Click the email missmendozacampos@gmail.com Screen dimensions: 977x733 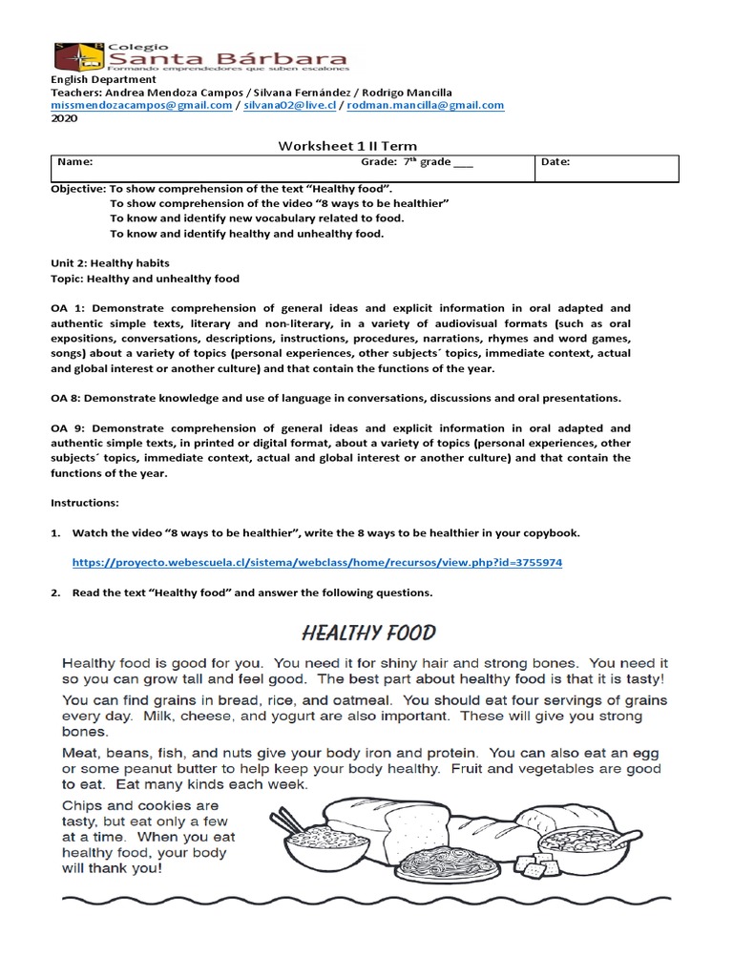pos(140,106)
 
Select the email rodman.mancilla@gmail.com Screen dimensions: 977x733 pos(425,106)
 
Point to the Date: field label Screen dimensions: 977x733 pos(555,163)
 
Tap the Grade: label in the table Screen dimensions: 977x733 pos(379,163)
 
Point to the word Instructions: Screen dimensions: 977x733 pos(85,502)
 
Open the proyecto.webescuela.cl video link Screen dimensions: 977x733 pos(318,563)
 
